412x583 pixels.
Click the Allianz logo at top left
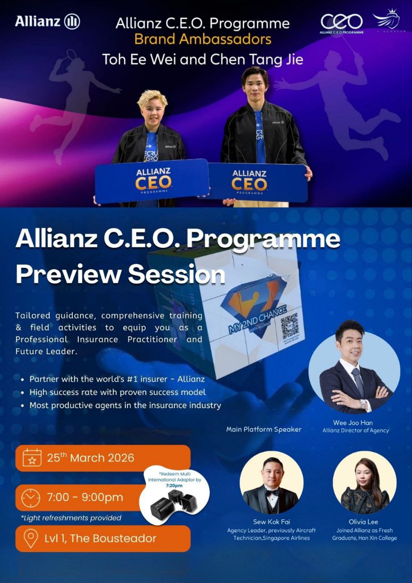point(47,21)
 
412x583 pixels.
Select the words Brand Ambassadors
point(203,39)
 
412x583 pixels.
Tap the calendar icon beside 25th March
point(31,458)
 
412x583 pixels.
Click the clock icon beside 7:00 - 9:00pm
point(31,498)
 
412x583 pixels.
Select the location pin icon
point(31,538)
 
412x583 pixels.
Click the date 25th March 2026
point(91,458)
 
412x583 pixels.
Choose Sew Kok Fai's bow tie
point(271,492)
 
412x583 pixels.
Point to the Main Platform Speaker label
point(264,429)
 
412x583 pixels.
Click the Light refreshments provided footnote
point(71,517)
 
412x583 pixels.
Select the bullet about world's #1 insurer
point(117,379)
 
